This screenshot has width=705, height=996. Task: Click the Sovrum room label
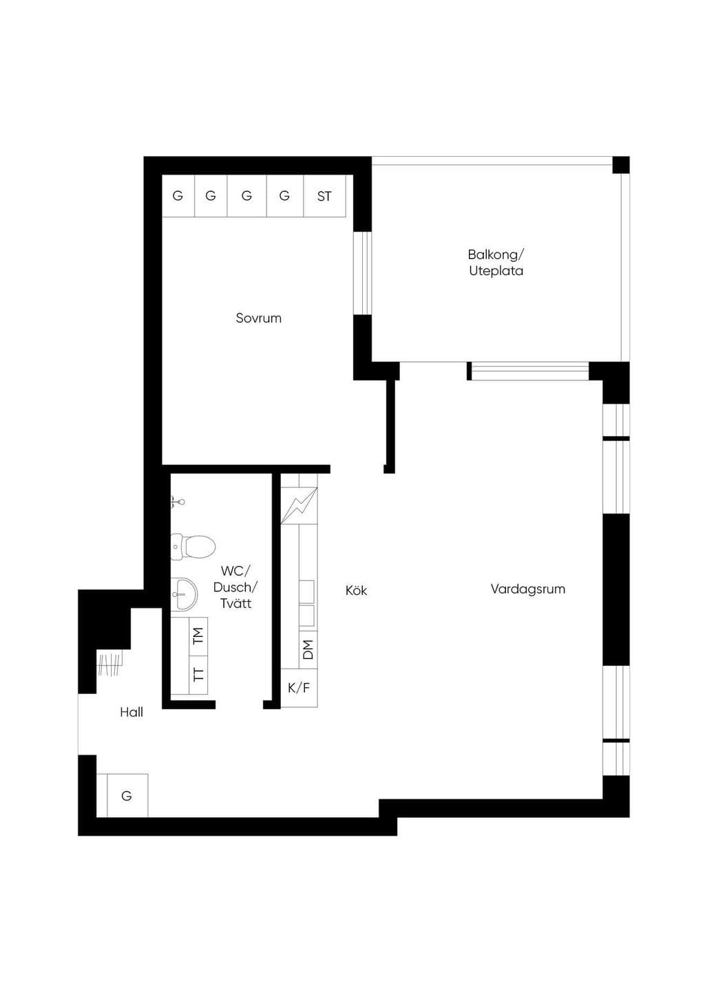[x=258, y=318]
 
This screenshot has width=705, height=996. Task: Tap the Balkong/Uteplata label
[x=496, y=263]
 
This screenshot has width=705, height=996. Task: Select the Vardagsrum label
[x=528, y=589]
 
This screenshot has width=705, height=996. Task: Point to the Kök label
[x=356, y=590]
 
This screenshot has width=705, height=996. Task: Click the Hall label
[x=131, y=713]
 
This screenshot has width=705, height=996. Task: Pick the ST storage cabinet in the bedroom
[x=324, y=195]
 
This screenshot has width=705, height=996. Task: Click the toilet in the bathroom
[x=193, y=546]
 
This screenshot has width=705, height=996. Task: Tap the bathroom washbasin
[x=184, y=594]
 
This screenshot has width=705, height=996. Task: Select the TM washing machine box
[x=198, y=636]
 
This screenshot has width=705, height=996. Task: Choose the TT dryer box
[x=198, y=675]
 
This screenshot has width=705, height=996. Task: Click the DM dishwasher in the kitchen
[x=308, y=649]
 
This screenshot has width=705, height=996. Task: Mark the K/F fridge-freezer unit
[x=299, y=688]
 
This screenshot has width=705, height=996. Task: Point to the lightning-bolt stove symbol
[x=299, y=506]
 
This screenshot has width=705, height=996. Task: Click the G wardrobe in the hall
[x=127, y=795]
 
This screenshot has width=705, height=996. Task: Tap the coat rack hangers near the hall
[x=109, y=664]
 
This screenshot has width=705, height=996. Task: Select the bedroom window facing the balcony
[x=362, y=274]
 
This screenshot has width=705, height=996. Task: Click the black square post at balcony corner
[x=621, y=165]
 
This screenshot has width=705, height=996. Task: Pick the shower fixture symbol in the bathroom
[x=178, y=502]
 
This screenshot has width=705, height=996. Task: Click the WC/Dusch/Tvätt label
[x=235, y=587]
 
